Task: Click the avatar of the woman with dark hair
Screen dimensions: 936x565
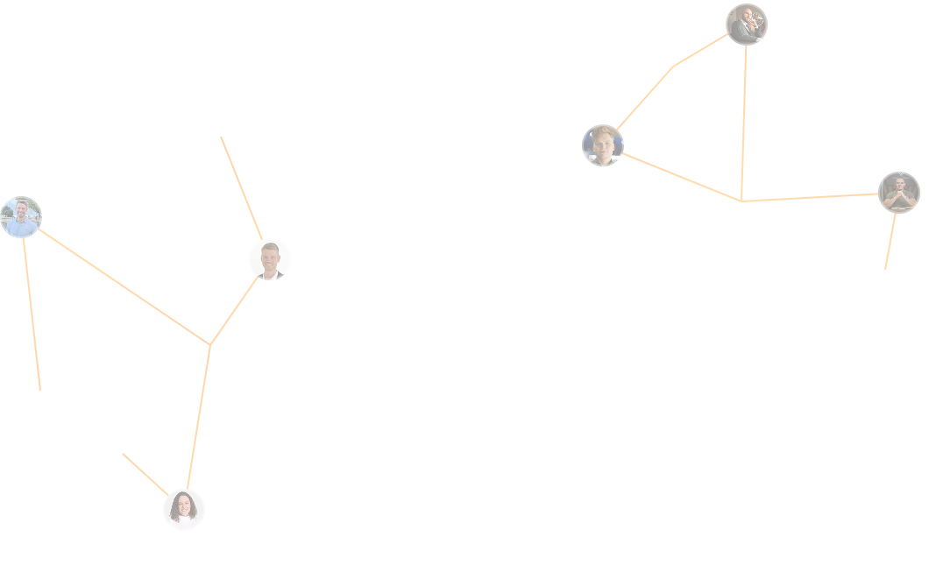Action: click(184, 510)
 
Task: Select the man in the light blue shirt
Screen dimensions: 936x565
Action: click(21, 217)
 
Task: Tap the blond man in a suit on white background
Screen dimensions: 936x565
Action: click(270, 259)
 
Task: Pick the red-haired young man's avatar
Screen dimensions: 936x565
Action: click(603, 145)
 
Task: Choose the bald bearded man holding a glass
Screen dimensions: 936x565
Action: click(747, 25)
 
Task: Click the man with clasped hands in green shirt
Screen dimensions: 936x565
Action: click(899, 193)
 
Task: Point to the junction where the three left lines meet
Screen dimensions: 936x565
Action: click(210, 345)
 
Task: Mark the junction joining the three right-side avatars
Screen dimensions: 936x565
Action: click(741, 201)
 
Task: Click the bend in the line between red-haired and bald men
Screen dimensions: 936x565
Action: click(673, 67)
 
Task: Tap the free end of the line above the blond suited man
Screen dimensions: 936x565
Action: click(221, 137)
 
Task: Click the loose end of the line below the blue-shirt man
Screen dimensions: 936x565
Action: click(40, 390)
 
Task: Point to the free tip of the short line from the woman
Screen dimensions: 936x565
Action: click(123, 454)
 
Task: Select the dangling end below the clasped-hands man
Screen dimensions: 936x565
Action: click(885, 269)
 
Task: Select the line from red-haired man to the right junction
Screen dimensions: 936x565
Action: click(682, 177)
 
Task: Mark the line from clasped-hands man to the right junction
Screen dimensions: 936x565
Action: click(811, 198)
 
